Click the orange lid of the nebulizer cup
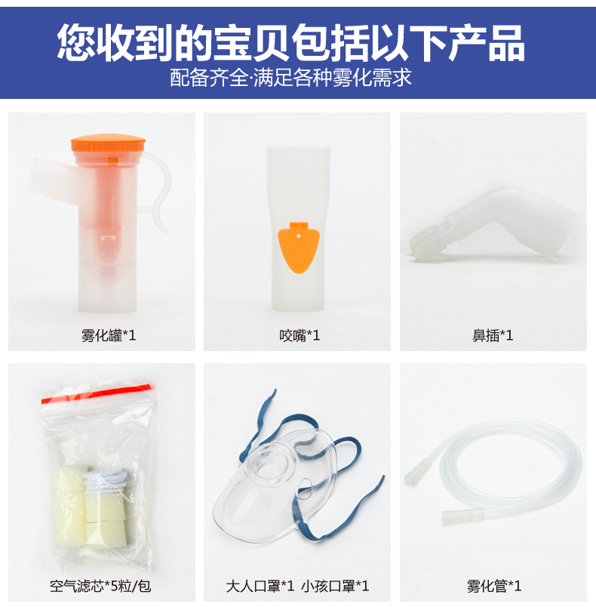tap(109, 143)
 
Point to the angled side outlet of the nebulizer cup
tap(54, 179)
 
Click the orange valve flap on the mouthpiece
tap(299, 247)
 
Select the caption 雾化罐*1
tap(109, 335)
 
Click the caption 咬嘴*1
tap(300, 335)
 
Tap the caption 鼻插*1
tap(493, 335)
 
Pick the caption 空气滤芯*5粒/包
tap(100, 586)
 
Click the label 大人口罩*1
tap(260, 586)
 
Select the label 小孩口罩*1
tap(335, 586)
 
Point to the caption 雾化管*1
tap(494, 586)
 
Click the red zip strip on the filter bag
tap(96, 393)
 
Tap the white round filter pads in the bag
tap(103, 482)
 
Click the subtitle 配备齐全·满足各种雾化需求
tap(291, 77)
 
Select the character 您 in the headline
tap(76, 42)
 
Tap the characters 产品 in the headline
tap(487, 42)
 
